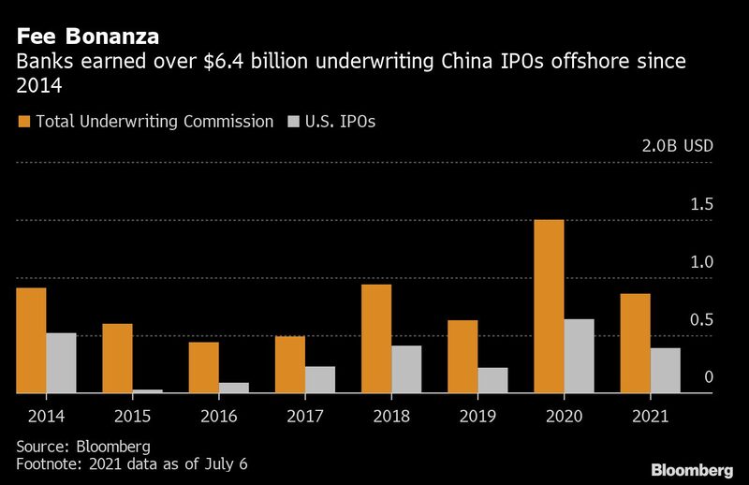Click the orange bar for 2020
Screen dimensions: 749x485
(549, 306)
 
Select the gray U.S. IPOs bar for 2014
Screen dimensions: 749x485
(61, 363)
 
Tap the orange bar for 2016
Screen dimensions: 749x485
(204, 367)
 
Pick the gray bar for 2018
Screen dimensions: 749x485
(406, 369)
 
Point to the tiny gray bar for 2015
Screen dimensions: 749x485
(148, 391)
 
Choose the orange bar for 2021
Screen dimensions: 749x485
(636, 344)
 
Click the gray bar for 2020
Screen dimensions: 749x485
(580, 356)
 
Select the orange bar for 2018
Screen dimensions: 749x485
(376, 339)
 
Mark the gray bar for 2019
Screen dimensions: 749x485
(493, 380)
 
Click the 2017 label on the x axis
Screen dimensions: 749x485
(305, 417)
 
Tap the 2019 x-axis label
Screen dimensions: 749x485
(477, 417)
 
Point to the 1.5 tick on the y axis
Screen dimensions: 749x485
(701, 204)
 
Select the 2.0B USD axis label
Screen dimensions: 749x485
(677, 146)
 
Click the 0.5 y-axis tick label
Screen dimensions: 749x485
(701, 319)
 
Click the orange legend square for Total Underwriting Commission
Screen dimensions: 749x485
(24, 122)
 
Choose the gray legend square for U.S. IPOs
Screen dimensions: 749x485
(293, 122)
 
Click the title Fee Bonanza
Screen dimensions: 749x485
(88, 37)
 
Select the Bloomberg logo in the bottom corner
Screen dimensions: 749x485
(692, 470)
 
